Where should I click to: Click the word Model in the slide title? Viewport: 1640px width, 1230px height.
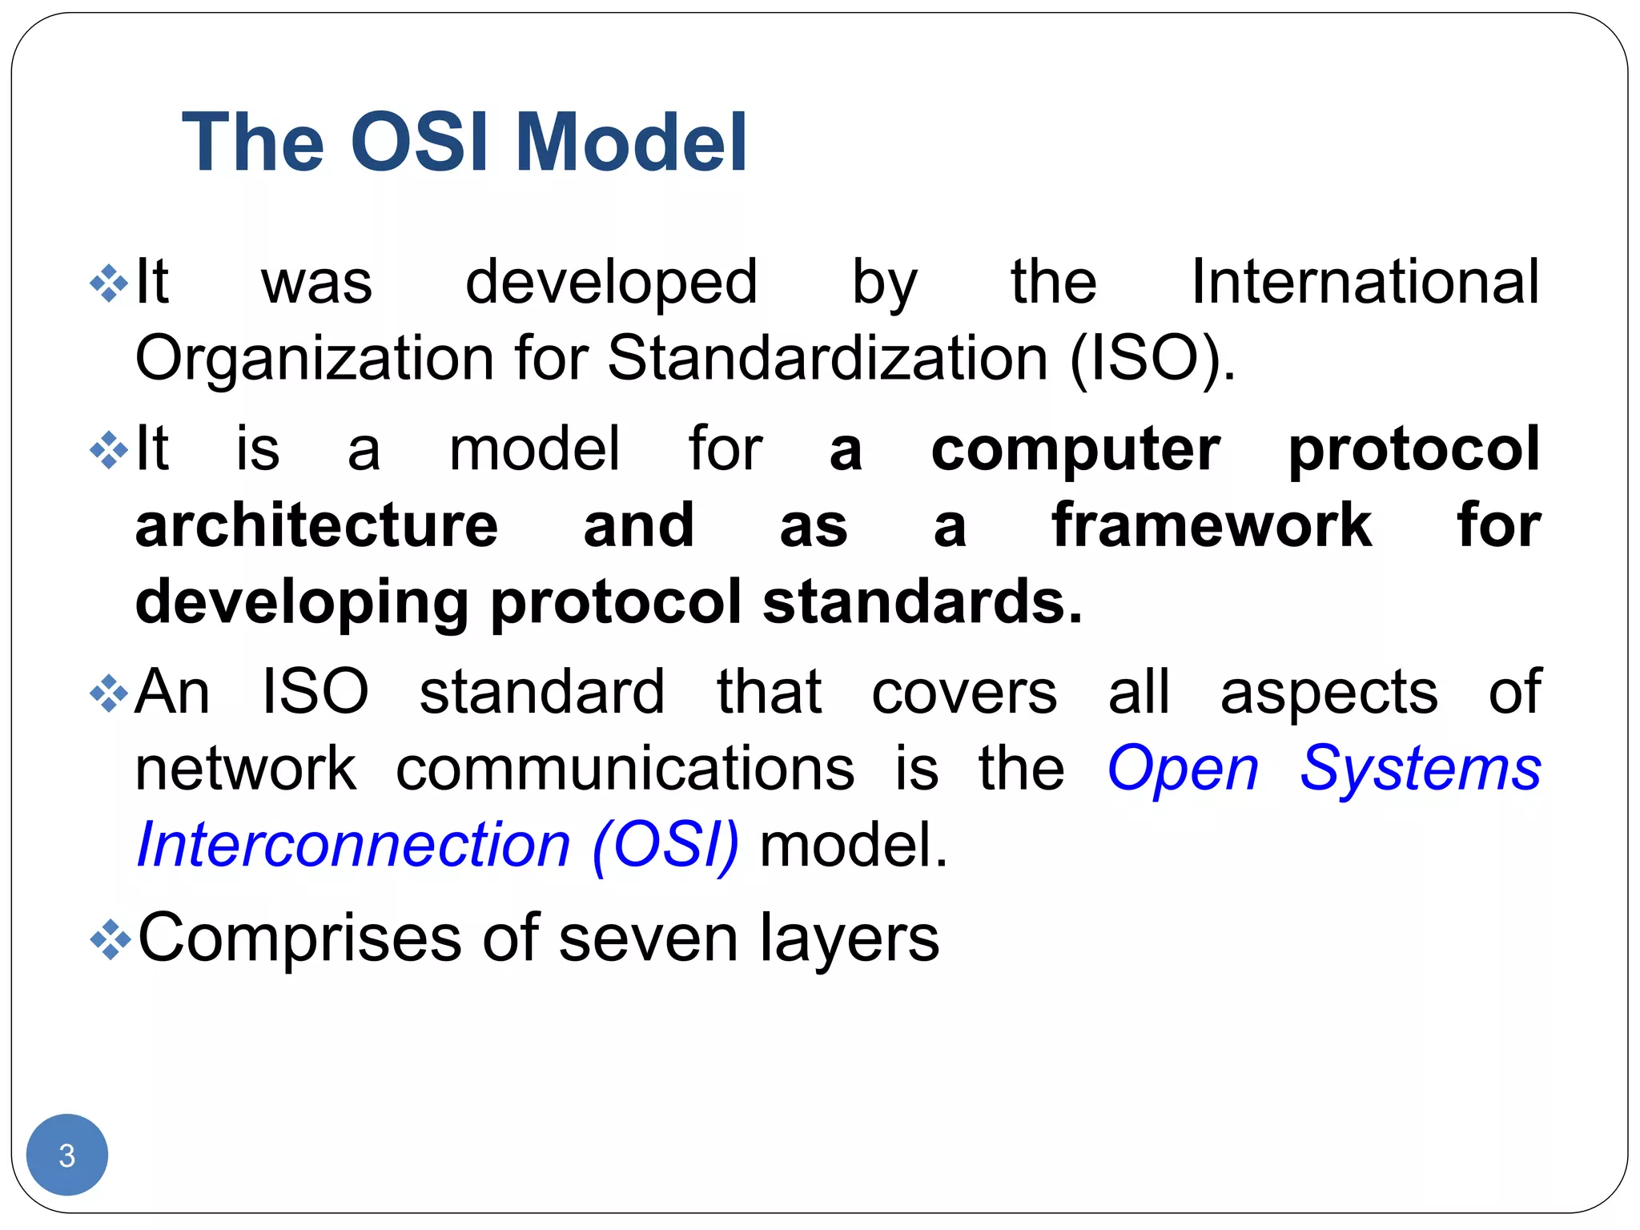point(631,143)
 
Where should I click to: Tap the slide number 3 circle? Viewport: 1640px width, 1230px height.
point(67,1155)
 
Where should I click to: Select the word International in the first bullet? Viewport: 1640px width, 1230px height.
point(1365,282)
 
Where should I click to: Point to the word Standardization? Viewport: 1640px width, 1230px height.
point(827,358)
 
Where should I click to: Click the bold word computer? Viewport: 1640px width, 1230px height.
point(1075,448)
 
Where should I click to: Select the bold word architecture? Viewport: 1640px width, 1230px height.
point(316,525)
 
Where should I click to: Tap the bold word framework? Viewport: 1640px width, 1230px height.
point(1211,525)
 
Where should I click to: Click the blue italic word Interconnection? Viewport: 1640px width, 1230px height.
point(353,846)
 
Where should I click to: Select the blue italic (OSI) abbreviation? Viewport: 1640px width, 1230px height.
point(665,846)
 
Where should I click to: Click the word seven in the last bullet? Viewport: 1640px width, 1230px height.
point(648,939)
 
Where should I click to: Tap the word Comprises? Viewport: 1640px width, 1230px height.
point(299,939)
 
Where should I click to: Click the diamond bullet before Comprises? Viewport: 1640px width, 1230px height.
point(110,939)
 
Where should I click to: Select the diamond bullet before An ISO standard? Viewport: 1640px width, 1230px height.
point(110,693)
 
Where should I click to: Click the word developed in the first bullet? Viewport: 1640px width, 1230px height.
point(611,282)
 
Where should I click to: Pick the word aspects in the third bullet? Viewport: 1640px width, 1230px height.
point(1328,693)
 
